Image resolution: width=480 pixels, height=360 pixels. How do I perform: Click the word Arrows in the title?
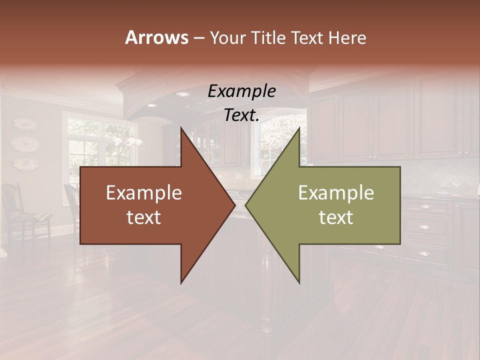(x=156, y=37)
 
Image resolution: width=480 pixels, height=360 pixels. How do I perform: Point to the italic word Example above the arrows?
(x=241, y=91)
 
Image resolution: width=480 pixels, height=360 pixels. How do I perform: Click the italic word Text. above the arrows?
(x=241, y=115)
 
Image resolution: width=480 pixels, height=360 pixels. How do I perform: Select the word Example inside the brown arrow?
(x=144, y=193)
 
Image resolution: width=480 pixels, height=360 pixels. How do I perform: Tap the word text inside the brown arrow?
(x=144, y=217)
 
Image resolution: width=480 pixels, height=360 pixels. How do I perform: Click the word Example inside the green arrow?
(x=336, y=193)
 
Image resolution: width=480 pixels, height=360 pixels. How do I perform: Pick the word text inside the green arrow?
(x=336, y=217)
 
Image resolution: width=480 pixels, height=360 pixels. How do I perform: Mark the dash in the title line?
(x=198, y=38)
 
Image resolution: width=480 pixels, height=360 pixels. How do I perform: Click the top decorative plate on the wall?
(x=25, y=124)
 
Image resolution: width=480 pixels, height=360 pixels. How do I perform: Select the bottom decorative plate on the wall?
(x=25, y=163)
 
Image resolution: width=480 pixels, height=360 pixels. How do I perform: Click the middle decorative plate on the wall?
(x=25, y=144)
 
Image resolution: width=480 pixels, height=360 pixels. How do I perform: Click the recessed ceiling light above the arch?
(x=183, y=94)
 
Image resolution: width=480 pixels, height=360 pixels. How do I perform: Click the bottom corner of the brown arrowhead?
(x=181, y=282)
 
